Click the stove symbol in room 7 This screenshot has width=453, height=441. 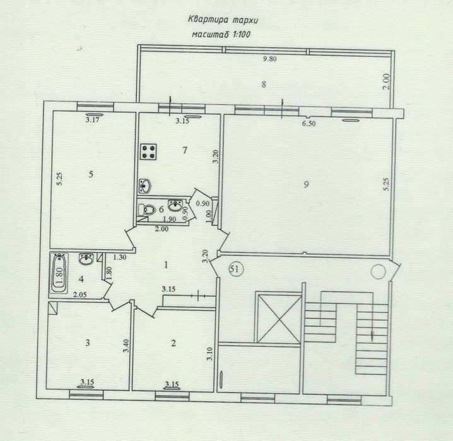pos(148,151)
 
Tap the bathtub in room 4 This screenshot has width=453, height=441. pos(59,273)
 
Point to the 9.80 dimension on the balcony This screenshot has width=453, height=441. pos(270,59)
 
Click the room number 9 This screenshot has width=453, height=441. pos(306,184)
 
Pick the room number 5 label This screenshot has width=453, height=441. pos(91,174)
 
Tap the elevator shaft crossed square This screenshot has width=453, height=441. pos(278,318)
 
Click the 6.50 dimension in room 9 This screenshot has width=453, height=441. pos(309,124)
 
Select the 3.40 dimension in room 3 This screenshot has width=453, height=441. pos(126,345)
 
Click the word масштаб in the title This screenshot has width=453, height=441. pos(211,35)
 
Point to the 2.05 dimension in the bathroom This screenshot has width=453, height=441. pos(80,295)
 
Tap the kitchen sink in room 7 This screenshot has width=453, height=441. pos(145,186)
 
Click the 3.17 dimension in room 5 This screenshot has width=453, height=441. pos(93,119)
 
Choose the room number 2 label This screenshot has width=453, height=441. pos(174,343)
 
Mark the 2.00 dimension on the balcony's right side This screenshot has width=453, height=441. pos(386,82)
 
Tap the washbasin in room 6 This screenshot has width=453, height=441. pos(175,205)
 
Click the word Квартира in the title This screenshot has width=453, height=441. pos(206,20)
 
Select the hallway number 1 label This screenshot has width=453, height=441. pos(166,265)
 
